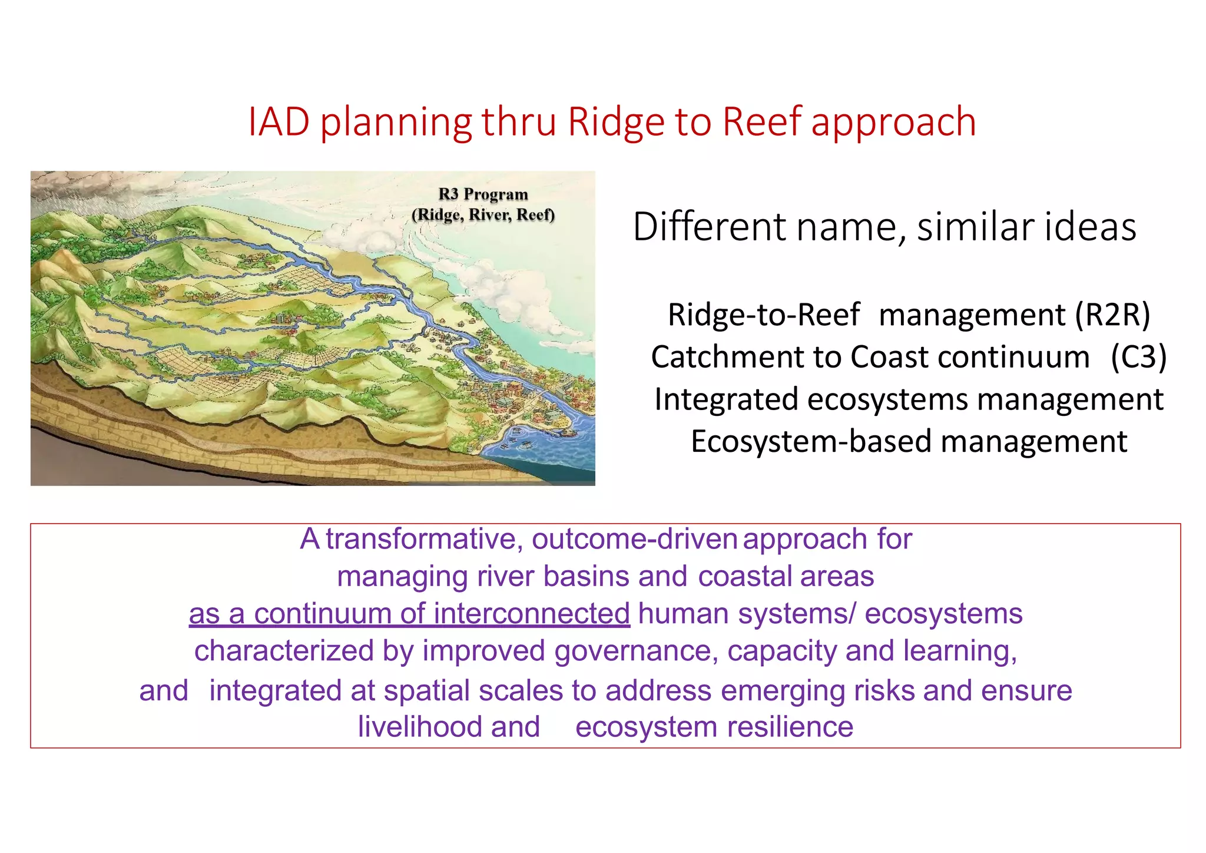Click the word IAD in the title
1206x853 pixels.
(x=279, y=122)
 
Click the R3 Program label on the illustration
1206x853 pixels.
(x=483, y=194)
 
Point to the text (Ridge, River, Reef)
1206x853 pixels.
(x=483, y=215)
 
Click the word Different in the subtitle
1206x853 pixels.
(x=709, y=227)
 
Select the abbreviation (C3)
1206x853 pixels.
(x=1138, y=357)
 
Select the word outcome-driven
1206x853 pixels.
(x=634, y=539)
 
